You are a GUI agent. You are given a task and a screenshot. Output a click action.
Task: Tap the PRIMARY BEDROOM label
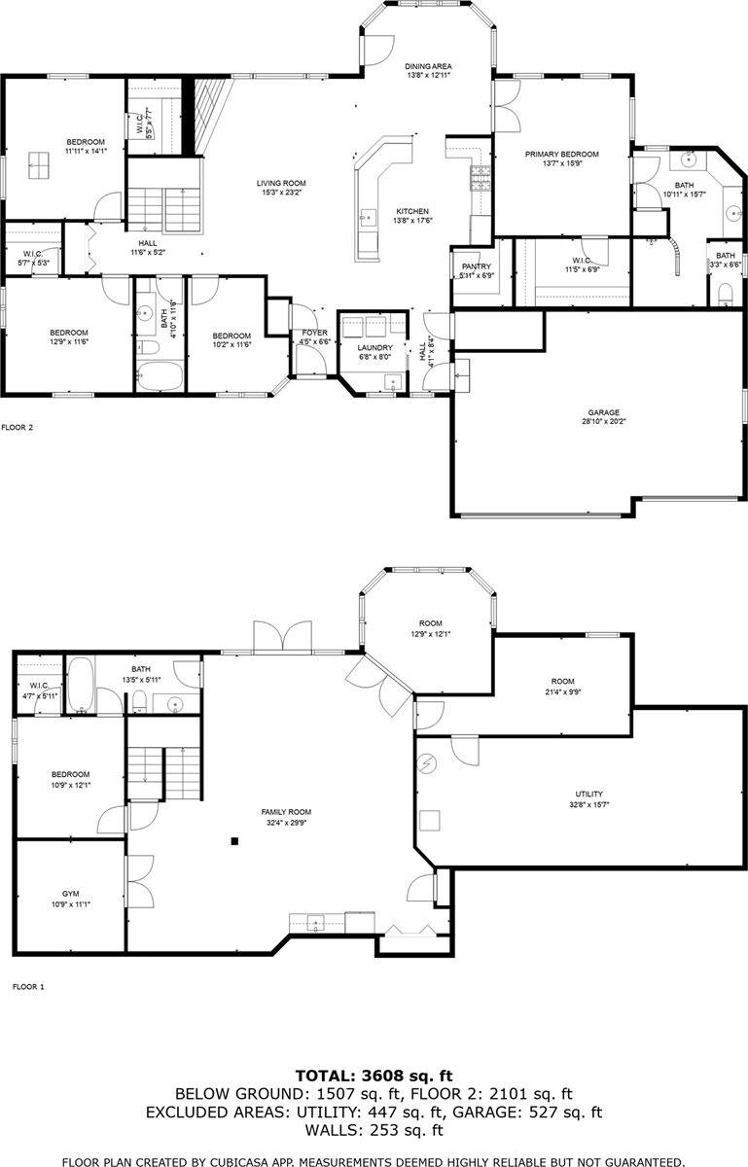561,154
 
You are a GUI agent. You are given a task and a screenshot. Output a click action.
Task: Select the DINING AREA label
429,66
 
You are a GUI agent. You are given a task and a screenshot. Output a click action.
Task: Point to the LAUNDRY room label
374,347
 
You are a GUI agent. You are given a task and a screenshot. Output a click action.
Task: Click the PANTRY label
477,266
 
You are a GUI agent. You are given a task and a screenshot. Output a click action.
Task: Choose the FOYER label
312,333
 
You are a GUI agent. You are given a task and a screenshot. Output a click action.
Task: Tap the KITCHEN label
412,211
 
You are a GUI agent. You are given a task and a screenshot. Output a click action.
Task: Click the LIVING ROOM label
282,183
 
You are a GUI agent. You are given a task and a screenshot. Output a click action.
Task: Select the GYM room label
70,893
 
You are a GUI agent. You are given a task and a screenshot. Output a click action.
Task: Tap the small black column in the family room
235,841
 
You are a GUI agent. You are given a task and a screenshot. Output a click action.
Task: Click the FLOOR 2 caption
18,426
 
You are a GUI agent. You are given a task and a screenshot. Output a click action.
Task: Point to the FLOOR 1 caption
28,986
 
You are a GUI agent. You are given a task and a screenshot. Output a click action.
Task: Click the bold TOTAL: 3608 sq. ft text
374,1076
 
